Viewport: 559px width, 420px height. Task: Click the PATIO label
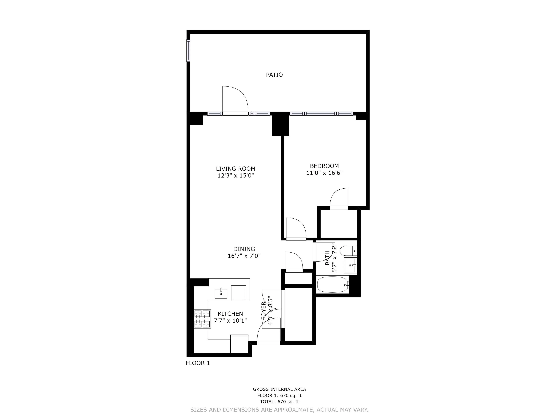[x=274, y=75]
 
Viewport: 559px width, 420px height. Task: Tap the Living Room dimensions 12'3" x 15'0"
[x=236, y=175]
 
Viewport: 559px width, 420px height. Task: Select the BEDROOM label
[x=324, y=166]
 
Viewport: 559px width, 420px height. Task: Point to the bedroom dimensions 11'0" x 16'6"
[x=324, y=173]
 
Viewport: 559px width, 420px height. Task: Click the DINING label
[x=244, y=249]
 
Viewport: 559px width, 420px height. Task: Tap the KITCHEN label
[x=230, y=314]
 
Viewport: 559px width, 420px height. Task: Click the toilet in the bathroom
[x=348, y=251]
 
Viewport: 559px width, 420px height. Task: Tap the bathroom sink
[x=350, y=265]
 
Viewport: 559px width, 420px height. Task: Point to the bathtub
[x=332, y=285]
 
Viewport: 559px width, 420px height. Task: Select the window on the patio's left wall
[x=188, y=50]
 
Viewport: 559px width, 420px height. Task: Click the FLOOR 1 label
[x=198, y=363]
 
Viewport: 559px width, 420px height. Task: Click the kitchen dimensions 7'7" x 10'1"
[x=230, y=321]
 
